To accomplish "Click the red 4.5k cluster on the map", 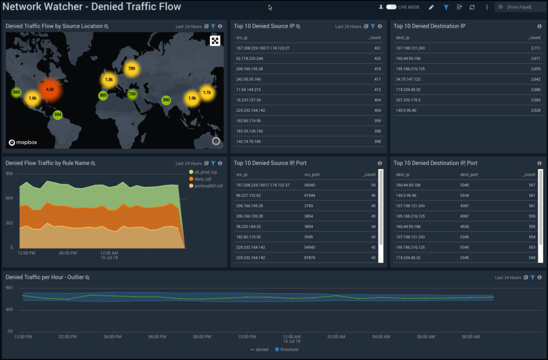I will [x=50, y=89].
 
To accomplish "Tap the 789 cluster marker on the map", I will [x=132, y=68].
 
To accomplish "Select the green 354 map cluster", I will [x=58, y=114].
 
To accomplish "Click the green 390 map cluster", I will [x=166, y=100].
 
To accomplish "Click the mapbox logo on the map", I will [x=22, y=143].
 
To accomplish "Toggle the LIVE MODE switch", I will [x=391, y=7].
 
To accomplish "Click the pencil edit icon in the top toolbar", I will [x=432, y=7].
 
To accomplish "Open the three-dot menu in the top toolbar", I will [x=486, y=7].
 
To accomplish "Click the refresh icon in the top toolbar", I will [x=472, y=7].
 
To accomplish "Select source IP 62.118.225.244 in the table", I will [x=249, y=58].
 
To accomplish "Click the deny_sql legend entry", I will [x=204, y=179].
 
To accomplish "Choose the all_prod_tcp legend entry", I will [x=206, y=172].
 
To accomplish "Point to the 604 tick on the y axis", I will [x=10, y=198].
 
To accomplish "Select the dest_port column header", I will [x=469, y=174].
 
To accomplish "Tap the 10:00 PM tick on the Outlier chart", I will [x=247, y=337].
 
